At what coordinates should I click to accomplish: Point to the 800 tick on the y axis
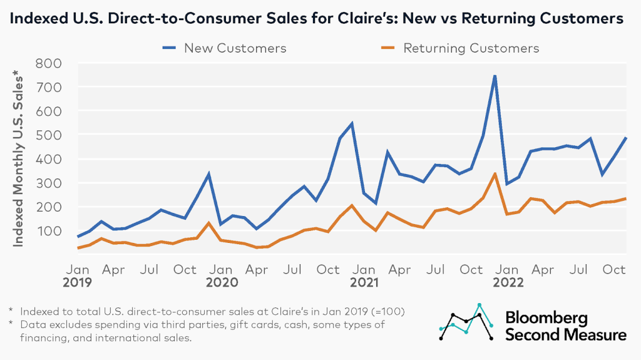49,63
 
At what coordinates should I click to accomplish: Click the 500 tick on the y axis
49,135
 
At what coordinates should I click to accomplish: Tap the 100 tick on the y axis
49,230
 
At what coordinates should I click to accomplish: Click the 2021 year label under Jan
364,282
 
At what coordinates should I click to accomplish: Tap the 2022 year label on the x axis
507,282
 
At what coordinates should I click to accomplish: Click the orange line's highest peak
495,174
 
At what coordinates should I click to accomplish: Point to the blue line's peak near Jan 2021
352,123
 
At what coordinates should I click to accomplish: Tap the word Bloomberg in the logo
546,318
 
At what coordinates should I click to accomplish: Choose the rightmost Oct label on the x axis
614,270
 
